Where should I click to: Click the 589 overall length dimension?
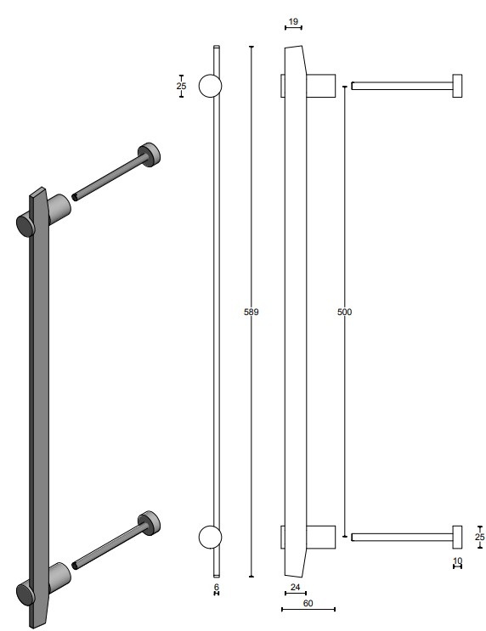[251, 312]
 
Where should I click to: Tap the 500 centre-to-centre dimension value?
[344, 312]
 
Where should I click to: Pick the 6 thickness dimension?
[216, 586]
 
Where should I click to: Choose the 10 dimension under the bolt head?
[457, 561]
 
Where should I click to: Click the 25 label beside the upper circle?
[181, 86]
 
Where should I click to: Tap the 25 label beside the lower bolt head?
[479, 537]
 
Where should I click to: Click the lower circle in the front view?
[210, 536]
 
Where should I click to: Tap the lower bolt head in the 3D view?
[150, 523]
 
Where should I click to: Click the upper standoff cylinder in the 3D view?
[59, 208]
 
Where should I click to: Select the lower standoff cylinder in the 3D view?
[59, 575]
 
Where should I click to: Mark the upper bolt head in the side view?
[457, 86]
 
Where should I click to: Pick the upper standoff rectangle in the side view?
[321, 86]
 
